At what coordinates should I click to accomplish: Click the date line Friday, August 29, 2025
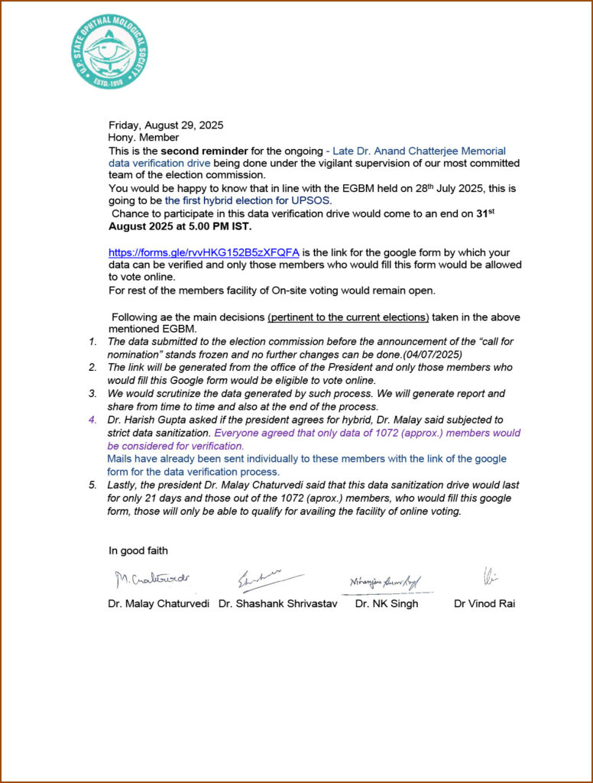click(166, 125)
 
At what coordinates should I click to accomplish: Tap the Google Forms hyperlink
click(203, 252)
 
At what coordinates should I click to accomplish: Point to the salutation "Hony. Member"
click(144, 138)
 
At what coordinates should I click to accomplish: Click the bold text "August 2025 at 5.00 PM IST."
click(180, 227)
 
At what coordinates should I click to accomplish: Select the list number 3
click(92, 394)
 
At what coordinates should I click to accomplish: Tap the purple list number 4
click(92, 420)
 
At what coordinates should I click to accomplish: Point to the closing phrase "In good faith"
click(138, 551)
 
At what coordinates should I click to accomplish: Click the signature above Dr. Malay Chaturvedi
click(152, 579)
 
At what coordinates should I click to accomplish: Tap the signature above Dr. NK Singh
click(385, 582)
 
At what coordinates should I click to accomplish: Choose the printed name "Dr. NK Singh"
click(387, 603)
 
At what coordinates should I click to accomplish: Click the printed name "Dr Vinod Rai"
click(484, 603)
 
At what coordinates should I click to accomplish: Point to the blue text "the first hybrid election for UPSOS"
click(248, 201)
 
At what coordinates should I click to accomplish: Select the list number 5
click(92, 485)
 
